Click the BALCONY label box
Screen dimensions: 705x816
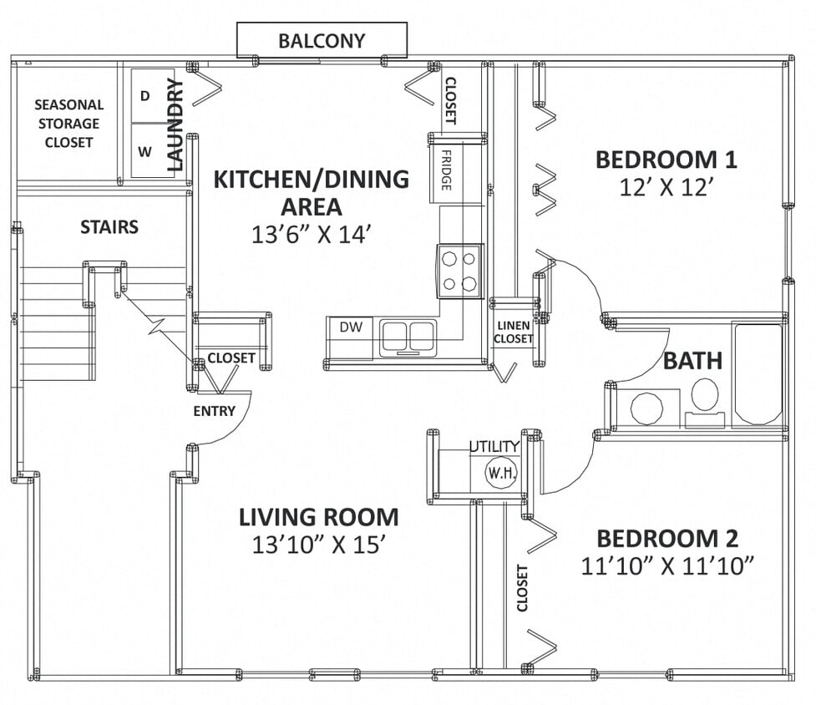pos(322,40)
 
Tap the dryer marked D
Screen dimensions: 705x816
pos(145,96)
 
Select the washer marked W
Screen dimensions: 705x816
pos(145,151)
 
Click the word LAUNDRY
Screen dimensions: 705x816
pos(175,124)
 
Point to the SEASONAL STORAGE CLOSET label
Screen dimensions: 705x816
pos(69,124)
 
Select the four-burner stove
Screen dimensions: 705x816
pos(460,271)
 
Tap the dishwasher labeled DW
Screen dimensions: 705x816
pos(352,327)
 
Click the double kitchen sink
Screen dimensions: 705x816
pos(408,337)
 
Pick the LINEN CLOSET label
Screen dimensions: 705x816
pos(513,332)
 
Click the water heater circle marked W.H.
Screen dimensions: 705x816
pos(503,473)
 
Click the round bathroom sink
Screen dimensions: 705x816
pos(646,408)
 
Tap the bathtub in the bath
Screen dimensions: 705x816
pos(758,374)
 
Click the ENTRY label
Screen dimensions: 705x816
pos(214,411)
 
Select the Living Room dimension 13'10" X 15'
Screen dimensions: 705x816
pos(318,545)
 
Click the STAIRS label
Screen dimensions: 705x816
pos(109,227)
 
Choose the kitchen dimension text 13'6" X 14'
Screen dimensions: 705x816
pos(311,235)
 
